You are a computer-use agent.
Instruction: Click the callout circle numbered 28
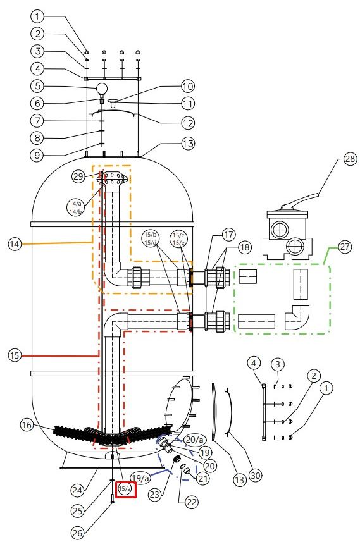350,159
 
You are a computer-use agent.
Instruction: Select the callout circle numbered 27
344,247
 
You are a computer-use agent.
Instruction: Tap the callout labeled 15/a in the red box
125,489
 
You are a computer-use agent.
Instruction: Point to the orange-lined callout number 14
15,244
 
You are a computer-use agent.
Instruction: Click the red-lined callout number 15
15,355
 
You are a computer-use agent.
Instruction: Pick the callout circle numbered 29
78,176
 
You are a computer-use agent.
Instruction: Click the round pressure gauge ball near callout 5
102,89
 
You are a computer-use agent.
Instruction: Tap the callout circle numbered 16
28,425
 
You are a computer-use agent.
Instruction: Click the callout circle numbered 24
78,490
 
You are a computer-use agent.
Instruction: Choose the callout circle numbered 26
77,533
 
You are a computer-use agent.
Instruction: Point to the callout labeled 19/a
140,478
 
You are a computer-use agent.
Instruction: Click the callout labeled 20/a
194,440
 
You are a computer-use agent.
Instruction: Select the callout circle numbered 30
255,476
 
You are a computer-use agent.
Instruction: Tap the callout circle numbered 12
188,123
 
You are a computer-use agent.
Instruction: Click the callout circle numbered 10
188,86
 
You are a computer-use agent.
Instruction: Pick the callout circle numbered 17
228,235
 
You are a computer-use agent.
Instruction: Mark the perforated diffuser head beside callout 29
113,179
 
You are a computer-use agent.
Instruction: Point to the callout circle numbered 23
154,495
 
